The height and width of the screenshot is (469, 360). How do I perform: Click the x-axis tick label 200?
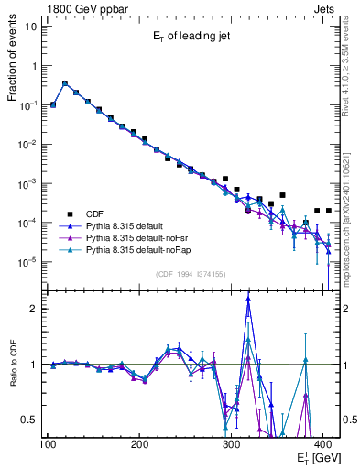[139, 444]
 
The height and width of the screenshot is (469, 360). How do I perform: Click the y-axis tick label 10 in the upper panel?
[30, 26]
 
